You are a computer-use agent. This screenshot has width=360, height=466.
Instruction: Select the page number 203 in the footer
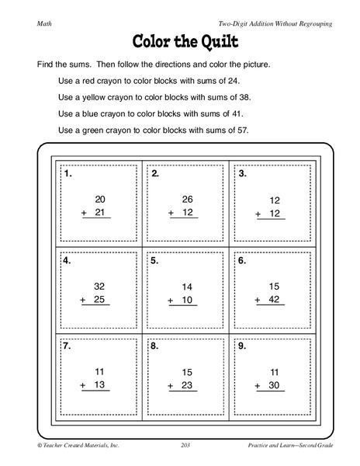point(185,444)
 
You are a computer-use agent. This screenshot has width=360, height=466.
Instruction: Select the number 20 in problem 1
point(99,200)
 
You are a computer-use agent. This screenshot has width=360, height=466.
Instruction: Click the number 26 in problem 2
point(187,200)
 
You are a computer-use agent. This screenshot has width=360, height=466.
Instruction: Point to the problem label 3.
point(242,174)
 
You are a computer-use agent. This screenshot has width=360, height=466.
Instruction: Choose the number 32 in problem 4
point(99,286)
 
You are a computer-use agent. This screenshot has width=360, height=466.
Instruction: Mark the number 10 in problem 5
point(187,300)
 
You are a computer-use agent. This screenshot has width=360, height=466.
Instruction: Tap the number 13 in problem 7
point(99,386)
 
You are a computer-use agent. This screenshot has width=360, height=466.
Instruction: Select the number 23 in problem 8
point(187,386)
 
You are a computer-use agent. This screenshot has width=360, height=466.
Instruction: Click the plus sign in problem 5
point(171,300)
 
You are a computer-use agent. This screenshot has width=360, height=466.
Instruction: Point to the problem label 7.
point(68,347)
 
